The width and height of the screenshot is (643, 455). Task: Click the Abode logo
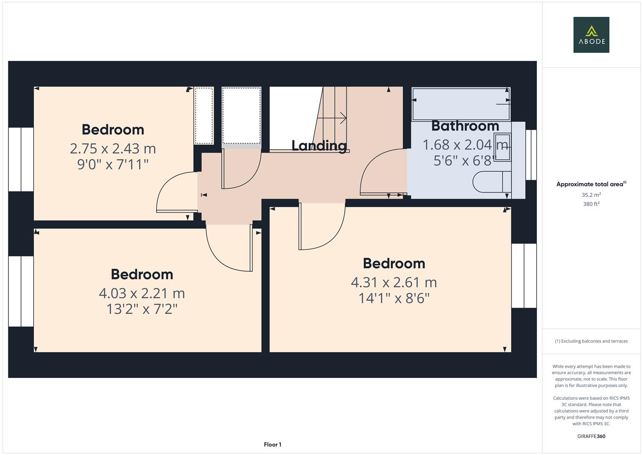coord(591,35)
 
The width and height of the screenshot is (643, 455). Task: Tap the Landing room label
coord(319,146)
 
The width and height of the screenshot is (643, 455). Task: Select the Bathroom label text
coord(465,126)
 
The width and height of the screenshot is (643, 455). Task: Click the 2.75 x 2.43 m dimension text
coord(113,149)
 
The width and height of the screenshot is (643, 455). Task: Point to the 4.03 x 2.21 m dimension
coord(142,293)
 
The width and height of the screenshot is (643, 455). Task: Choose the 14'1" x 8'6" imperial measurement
coord(394,298)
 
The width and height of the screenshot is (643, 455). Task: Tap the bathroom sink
coord(503,147)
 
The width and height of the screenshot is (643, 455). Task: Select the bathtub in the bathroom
coord(461,104)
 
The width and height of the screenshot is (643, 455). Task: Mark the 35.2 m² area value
coord(591,195)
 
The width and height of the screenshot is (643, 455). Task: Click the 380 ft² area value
coord(591,204)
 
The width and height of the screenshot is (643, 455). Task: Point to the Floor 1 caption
coord(272,444)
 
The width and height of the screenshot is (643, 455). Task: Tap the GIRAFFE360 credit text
coord(591,436)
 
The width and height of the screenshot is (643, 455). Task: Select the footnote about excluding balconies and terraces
coord(591,341)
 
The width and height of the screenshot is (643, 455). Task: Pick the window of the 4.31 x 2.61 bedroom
coord(524,276)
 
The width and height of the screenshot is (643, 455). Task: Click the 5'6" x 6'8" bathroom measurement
coord(465,161)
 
